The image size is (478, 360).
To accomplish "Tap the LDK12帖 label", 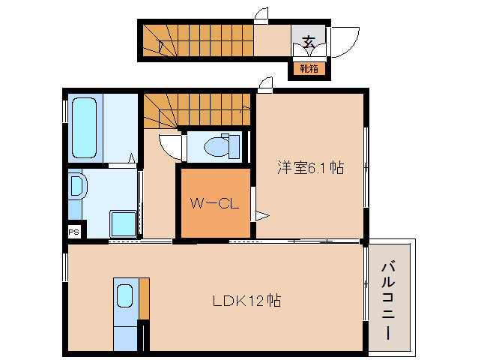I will [246, 301].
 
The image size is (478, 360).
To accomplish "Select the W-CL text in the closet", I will [214, 202].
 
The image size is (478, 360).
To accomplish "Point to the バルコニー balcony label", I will [389, 300].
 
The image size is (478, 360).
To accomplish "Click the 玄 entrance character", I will [309, 41].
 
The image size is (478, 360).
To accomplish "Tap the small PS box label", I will [73, 232].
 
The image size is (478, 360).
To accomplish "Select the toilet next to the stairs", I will [220, 145].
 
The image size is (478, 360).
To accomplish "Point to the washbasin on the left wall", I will [76, 186].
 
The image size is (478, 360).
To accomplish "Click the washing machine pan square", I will [123, 223].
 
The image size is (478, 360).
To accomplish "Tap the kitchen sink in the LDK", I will [124, 297].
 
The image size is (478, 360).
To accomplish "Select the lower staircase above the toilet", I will [199, 111].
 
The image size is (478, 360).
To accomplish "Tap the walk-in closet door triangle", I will [261, 216].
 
